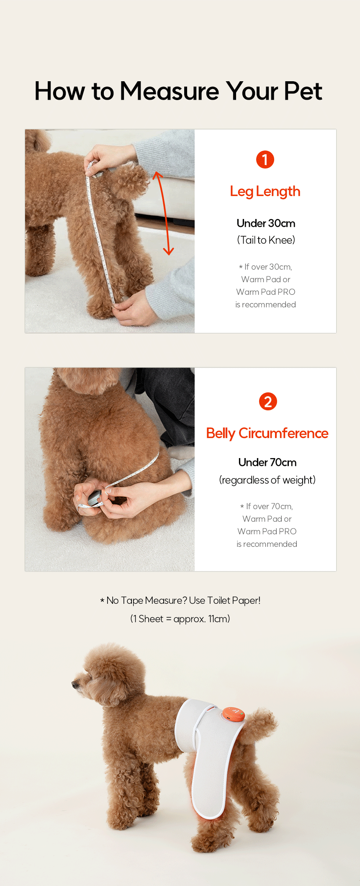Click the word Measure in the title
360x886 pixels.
(169, 91)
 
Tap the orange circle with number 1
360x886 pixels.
(265, 160)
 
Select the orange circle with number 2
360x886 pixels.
(268, 402)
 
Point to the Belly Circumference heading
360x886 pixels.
(267, 433)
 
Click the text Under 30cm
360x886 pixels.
(266, 223)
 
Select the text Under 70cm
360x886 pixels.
(267, 462)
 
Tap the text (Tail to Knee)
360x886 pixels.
(266, 240)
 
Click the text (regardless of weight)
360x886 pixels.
(267, 480)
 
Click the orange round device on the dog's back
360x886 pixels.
(233, 713)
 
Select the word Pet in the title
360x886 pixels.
(303, 91)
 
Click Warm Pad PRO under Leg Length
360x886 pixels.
(265, 292)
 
